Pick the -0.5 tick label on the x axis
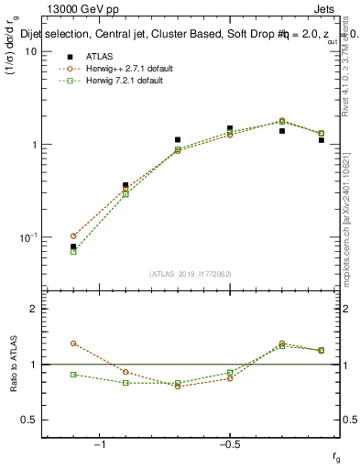coord(229,445)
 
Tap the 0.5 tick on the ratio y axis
coord(28,420)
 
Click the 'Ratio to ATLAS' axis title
coord(13,365)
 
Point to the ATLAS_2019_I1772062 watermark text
coord(190,273)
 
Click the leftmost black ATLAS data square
coord(73,246)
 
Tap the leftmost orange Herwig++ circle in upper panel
coord(73,235)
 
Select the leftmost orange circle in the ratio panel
coord(73,344)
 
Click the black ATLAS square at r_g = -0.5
coord(230,128)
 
